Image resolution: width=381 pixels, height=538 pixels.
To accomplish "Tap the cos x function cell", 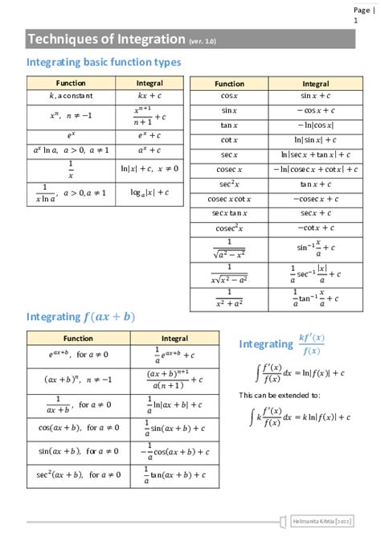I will (x=229, y=96).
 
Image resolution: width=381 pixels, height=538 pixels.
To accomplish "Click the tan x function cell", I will (x=229, y=125).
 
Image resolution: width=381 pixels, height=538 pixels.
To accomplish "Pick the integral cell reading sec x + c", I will (x=315, y=213).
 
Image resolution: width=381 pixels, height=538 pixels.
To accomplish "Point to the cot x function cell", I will (x=229, y=140).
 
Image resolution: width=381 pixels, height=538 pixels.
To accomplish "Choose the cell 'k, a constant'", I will (x=71, y=96).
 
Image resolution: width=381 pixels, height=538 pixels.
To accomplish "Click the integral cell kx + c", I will (x=150, y=96).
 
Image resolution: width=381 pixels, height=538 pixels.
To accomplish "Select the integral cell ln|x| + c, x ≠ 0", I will (x=150, y=169).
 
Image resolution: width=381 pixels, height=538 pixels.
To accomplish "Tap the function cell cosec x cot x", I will (x=229, y=199).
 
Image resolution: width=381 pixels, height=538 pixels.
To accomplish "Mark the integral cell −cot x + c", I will (x=315, y=228).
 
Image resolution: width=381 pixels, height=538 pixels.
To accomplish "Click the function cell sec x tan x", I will (x=229, y=213).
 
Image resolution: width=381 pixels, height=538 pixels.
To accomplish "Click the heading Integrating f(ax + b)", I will (x=80, y=317).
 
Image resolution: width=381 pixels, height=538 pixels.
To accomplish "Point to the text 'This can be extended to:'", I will (x=280, y=395).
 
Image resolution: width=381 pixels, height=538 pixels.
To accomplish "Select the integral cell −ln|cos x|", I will (x=315, y=125).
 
